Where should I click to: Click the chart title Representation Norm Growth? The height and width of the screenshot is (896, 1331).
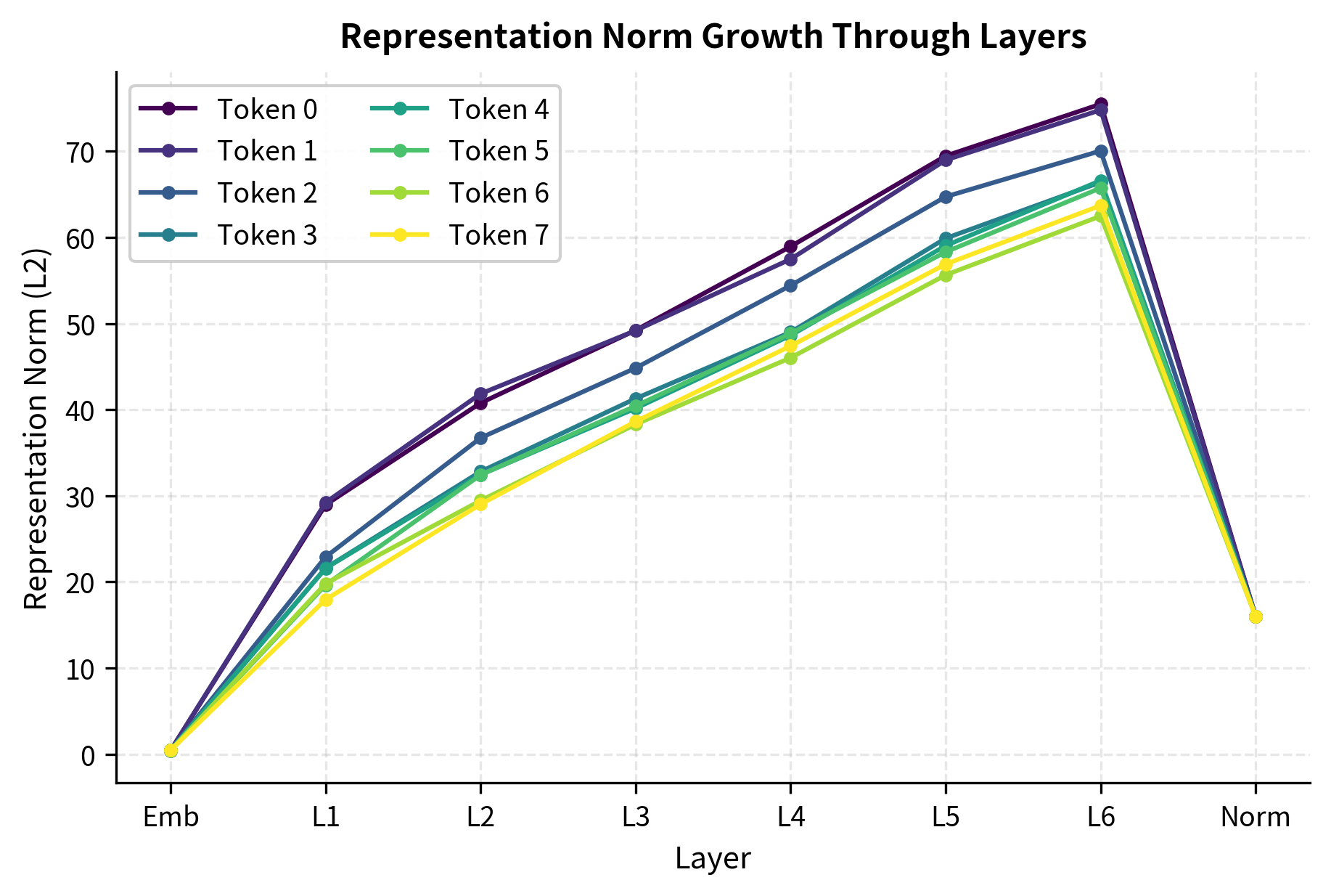713,36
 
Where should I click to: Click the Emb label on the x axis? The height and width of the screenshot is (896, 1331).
171,818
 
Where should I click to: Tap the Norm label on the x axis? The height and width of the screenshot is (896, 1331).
1255,818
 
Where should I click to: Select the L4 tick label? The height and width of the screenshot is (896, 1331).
790,818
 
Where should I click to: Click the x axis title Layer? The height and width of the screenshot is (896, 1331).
713,859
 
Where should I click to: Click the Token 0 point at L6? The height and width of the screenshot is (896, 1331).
1100,104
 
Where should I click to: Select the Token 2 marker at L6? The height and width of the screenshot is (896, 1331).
1100,151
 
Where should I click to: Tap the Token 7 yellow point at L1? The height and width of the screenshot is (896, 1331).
326,600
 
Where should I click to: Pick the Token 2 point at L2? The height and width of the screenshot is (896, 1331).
480,438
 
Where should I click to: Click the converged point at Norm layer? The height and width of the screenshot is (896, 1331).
1256,616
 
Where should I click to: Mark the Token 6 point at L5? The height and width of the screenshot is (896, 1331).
946,275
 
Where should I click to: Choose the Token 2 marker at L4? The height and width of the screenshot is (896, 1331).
790,285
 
